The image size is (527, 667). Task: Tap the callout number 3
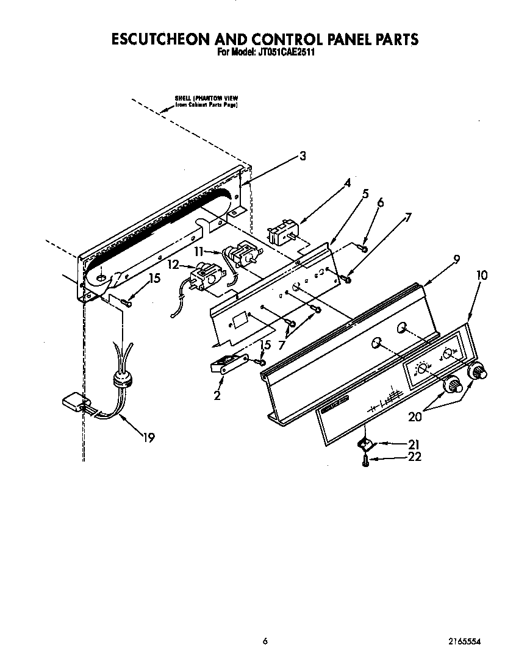point(303,156)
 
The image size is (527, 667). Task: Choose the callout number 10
point(481,275)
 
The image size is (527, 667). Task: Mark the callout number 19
point(149,437)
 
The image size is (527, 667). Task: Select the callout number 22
point(414,457)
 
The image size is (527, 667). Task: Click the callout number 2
point(217,395)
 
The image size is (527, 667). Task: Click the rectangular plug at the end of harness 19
point(75,402)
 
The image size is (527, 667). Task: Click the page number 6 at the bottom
point(265,641)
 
